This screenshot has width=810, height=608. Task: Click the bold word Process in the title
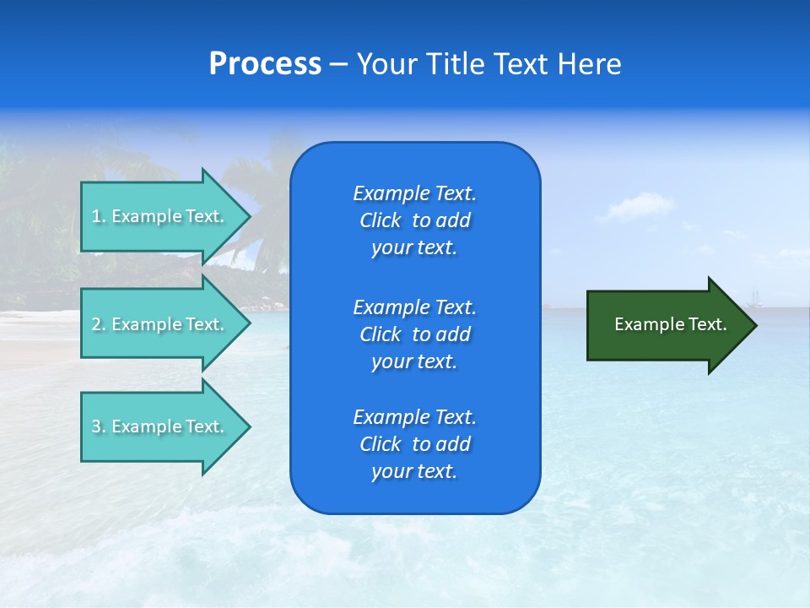pos(265,64)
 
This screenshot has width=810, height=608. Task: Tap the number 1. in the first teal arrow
pos(99,216)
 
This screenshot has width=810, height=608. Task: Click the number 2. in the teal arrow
pos(99,324)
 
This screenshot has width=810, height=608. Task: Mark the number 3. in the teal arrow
pos(99,426)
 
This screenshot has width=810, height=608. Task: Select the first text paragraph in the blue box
pos(414,220)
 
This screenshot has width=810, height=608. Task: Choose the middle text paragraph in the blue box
pos(414,334)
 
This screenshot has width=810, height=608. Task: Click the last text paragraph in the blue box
pos(414,444)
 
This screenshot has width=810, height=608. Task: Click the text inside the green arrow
pos(670,324)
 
